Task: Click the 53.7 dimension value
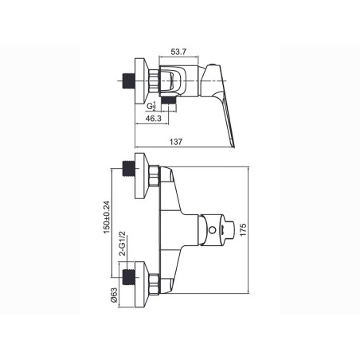point(178,52)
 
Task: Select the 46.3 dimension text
point(154,119)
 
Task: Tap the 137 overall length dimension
point(176,142)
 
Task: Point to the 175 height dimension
point(243,229)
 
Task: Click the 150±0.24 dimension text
point(106,217)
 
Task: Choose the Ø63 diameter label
point(114,295)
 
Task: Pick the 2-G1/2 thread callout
point(123,244)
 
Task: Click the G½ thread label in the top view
point(151,106)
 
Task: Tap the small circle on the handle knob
point(212,230)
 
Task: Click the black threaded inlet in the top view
point(129,80)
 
